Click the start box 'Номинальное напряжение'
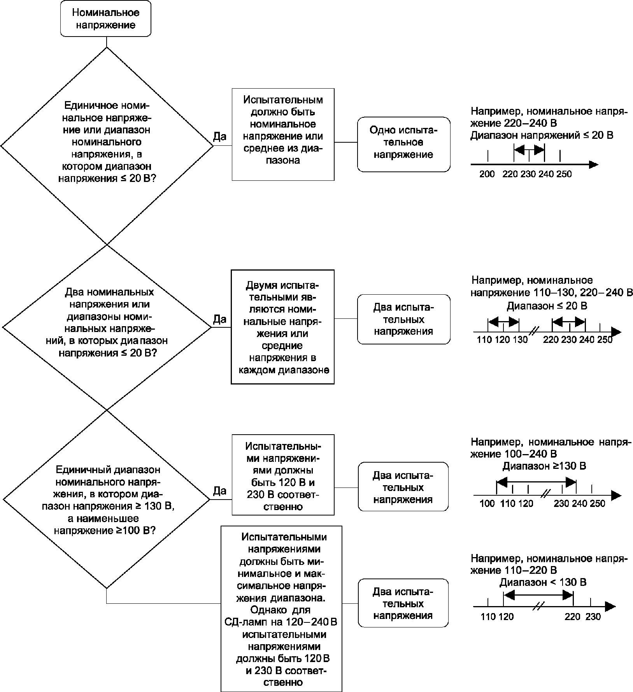(x=105, y=19)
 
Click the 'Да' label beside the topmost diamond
(x=220, y=136)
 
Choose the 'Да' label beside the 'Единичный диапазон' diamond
(x=220, y=491)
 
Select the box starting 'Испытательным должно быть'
(x=283, y=135)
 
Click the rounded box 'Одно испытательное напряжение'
(x=403, y=144)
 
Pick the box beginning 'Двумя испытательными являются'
(x=283, y=327)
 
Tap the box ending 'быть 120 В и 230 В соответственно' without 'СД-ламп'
(x=283, y=475)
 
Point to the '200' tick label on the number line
(x=487, y=174)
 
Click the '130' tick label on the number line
(x=520, y=340)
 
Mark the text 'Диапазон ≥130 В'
(x=544, y=466)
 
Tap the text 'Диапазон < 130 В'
(x=543, y=582)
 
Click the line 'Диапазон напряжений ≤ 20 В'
(x=542, y=135)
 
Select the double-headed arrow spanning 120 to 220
(x=538, y=595)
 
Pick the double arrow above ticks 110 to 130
(x=503, y=322)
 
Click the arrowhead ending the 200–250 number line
(x=594, y=164)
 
